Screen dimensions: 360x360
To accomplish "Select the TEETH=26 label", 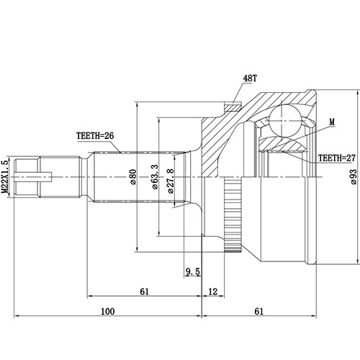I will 96,135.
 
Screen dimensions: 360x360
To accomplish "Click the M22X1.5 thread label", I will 6,176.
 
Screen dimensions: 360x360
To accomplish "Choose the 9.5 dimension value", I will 192,271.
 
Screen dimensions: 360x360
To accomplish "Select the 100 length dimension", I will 108,312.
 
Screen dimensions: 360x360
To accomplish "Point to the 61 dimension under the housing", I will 259,312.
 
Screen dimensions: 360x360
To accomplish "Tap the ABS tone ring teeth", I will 232,216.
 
